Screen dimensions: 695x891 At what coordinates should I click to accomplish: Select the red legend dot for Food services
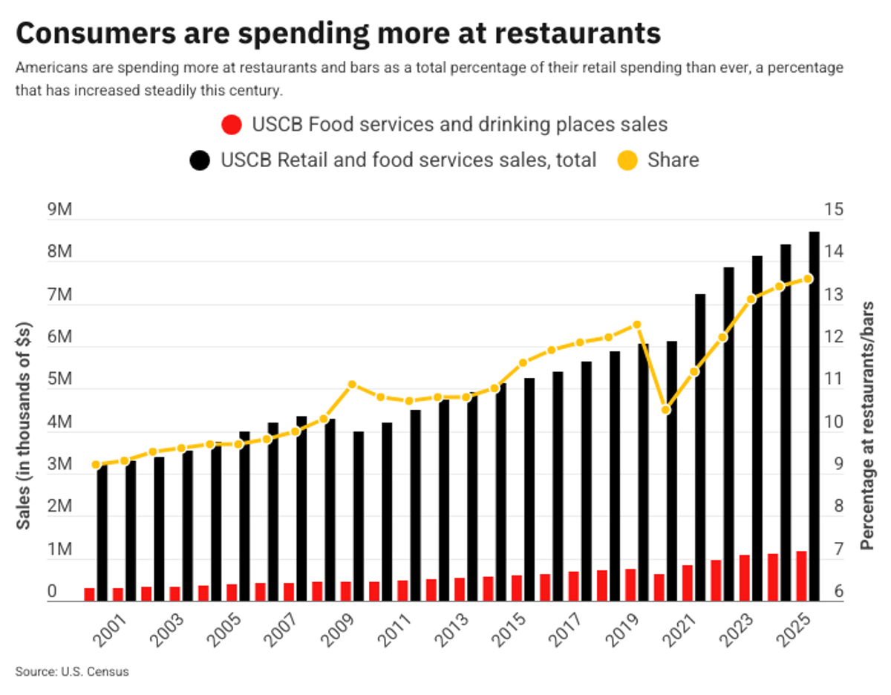point(232,124)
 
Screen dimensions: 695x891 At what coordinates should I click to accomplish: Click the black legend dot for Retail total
point(200,160)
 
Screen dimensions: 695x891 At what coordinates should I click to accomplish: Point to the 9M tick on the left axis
point(59,210)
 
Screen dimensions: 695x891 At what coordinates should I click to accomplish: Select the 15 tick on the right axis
point(835,210)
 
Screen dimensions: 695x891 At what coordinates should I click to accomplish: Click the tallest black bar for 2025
point(814,416)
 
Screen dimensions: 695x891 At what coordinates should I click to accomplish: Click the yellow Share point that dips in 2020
point(666,410)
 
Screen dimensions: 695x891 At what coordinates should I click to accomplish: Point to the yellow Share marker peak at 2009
point(353,385)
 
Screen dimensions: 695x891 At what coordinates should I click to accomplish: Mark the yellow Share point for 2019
point(636,324)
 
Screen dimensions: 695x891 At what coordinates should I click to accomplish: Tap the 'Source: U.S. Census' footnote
point(72,671)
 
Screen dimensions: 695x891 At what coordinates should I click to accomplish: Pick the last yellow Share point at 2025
point(809,279)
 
